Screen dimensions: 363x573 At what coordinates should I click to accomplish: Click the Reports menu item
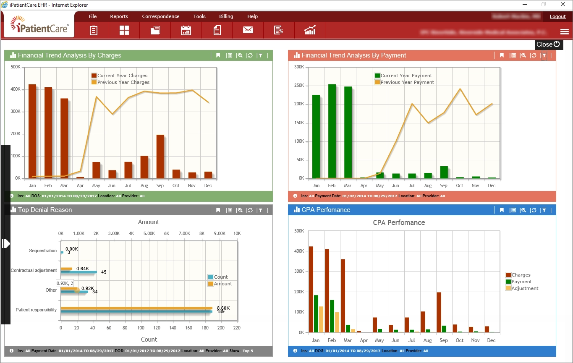point(119,16)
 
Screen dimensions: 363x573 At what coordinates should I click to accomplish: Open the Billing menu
point(226,16)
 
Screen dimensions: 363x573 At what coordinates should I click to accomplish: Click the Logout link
point(557,16)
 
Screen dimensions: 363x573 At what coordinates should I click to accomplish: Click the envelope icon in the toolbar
point(248,30)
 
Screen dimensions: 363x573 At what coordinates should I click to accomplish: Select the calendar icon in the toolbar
point(186,30)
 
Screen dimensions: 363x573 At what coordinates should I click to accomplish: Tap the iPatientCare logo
point(39,25)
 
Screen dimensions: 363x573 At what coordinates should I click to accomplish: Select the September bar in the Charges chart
point(160,156)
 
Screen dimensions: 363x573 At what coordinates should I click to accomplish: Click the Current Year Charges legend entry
point(122,76)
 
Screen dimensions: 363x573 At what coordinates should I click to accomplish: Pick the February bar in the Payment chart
point(332,131)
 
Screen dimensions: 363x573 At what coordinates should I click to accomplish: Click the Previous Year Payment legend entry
point(407,82)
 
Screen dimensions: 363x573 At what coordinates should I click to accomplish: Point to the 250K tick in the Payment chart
point(299,86)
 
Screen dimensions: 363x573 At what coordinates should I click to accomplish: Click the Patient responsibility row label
point(36,310)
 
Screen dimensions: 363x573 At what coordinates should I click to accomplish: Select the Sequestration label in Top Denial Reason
point(43,251)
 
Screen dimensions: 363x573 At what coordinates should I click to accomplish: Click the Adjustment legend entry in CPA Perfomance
point(525,288)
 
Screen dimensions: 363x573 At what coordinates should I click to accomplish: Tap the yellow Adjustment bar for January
point(321,319)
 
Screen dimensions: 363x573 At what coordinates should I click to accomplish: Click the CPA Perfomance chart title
point(399,222)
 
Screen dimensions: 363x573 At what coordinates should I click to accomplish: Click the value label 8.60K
point(223,308)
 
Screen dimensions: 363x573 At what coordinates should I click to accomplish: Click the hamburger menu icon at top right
point(564,32)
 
